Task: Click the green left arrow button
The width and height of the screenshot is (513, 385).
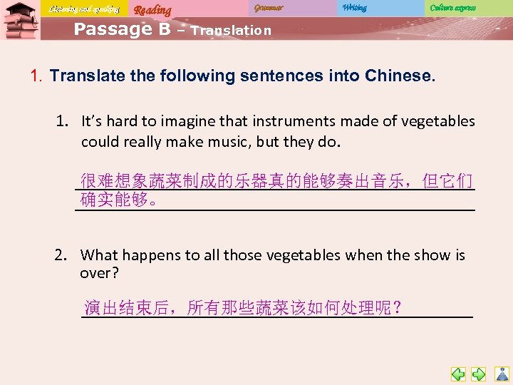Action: (x=458, y=374)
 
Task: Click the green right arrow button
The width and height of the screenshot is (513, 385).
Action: (x=480, y=374)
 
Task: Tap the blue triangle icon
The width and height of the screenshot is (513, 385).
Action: (x=502, y=374)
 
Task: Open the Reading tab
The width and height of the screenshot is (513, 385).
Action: (x=152, y=9)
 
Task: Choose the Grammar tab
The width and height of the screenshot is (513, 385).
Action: (x=268, y=8)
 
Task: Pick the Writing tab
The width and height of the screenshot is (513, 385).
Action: (x=354, y=8)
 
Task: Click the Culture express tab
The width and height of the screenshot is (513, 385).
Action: (x=452, y=8)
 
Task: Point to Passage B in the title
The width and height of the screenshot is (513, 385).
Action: (x=122, y=29)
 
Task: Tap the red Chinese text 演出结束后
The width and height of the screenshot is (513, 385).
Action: (x=127, y=308)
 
